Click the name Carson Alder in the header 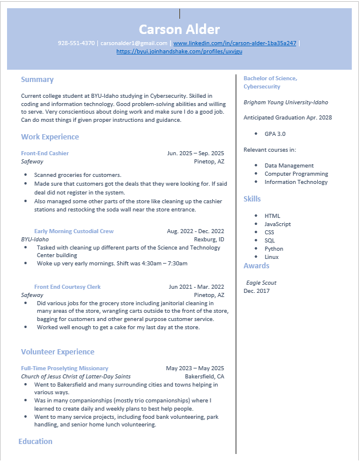click(x=179, y=29)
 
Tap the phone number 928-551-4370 click(x=76, y=43)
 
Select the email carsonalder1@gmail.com click(x=134, y=43)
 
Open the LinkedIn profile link click(x=235, y=43)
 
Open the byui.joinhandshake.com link click(x=179, y=52)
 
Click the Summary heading click(x=37, y=80)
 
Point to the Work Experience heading click(x=50, y=137)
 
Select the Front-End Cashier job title click(x=45, y=153)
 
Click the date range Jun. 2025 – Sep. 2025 click(x=195, y=153)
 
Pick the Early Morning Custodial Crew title click(x=74, y=231)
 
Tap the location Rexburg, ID click(x=209, y=240)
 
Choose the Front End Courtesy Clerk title click(x=67, y=287)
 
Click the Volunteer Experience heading click(x=57, y=352)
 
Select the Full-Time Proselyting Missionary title click(x=64, y=368)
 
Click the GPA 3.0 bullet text click(x=275, y=134)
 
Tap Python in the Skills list click(x=274, y=249)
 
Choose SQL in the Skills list click(x=270, y=241)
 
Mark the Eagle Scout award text click(x=261, y=283)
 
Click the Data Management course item click(x=289, y=166)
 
